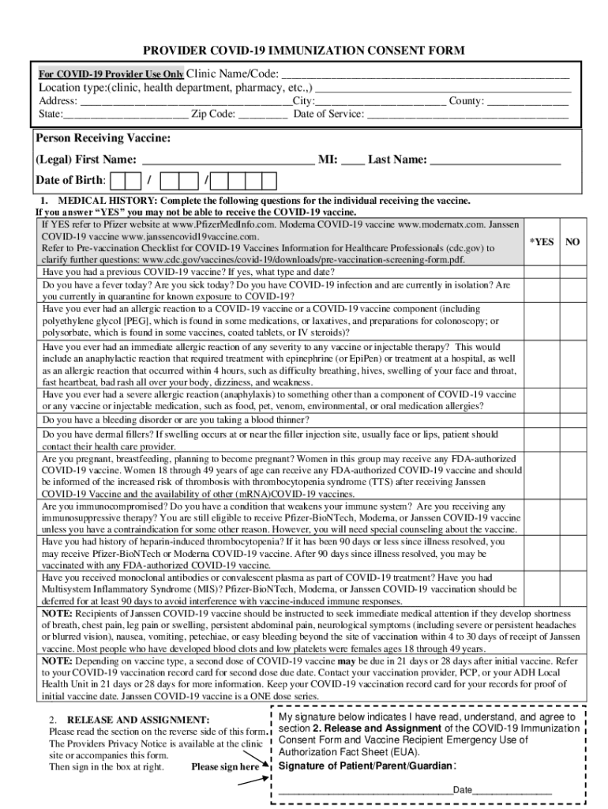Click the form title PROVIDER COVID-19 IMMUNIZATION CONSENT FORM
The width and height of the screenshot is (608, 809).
point(303,51)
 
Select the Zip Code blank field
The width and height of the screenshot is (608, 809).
point(262,115)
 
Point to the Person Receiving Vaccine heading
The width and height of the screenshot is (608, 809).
point(103,139)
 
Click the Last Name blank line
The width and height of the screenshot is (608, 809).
point(495,160)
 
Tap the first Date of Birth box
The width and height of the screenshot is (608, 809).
point(121,181)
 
